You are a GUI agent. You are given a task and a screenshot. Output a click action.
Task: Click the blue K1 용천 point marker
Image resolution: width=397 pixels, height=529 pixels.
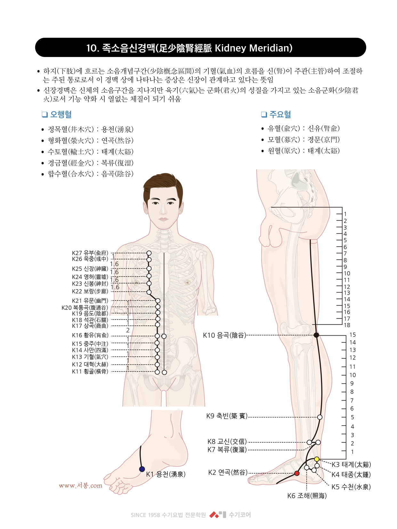(x=142, y=469)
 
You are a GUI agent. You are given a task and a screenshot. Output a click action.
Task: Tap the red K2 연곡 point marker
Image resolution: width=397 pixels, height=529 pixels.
(x=297, y=473)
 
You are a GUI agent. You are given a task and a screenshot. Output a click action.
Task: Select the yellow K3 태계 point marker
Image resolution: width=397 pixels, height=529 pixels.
(x=317, y=459)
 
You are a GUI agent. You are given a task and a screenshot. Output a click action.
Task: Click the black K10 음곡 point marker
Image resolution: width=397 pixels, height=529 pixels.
(x=316, y=335)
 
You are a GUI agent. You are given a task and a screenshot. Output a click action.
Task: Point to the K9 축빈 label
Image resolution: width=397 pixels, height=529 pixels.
(x=227, y=416)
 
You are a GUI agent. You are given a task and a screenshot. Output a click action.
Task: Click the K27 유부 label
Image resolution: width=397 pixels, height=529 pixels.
(x=90, y=253)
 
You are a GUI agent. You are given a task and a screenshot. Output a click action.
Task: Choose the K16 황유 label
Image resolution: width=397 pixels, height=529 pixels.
(x=90, y=335)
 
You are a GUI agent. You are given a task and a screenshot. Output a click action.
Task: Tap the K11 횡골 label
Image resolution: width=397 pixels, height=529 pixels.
(x=90, y=371)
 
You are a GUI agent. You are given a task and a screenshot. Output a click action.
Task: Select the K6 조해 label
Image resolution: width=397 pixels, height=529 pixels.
(x=307, y=496)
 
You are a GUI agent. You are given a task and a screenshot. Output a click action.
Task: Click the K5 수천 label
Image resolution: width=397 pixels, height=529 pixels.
(x=351, y=487)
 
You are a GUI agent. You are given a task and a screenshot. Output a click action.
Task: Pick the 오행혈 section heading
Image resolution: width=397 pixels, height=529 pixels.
(x=57, y=114)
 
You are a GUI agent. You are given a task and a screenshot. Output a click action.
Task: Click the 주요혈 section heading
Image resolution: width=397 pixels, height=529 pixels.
(x=276, y=114)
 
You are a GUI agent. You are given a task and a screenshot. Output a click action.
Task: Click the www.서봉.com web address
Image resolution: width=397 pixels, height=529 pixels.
(x=80, y=485)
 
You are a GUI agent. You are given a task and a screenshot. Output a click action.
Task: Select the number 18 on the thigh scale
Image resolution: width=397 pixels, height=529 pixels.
(x=347, y=325)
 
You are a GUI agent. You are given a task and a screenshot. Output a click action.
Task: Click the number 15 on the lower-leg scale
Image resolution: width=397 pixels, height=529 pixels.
(x=352, y=335)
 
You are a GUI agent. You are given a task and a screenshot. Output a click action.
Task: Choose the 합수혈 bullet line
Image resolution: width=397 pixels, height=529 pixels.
(x=88, y=174)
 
